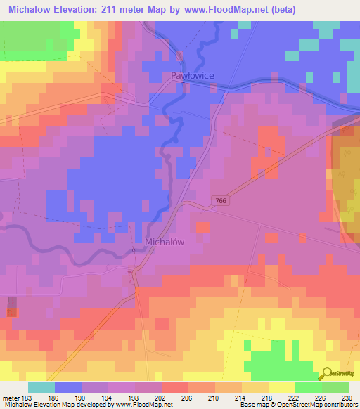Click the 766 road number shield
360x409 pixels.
pos(221,201)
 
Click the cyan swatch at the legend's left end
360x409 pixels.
pos(41,387)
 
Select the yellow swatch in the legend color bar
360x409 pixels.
pos(281,387)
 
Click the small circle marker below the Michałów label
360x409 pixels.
pos(133,250)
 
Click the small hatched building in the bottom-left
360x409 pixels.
pos(12,306)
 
